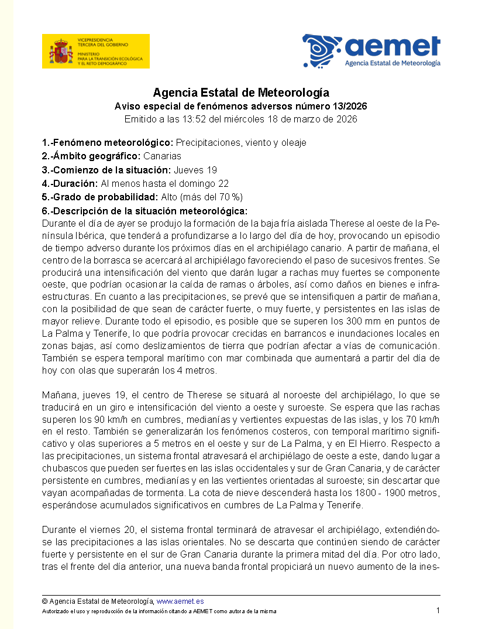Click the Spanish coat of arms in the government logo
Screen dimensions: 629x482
60,51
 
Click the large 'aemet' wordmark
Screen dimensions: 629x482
392,46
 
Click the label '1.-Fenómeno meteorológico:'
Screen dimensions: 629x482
108,142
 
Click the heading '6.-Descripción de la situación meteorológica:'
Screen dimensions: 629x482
144,211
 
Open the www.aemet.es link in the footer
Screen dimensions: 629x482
180,601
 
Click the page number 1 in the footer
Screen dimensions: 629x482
438,610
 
